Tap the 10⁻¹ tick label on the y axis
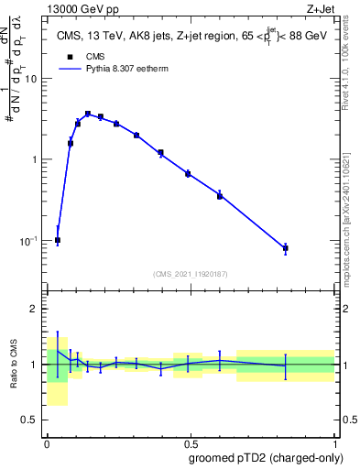(x=28, y=241)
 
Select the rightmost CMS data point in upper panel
(x=286, y=248)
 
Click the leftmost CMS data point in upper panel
(x=58, y=240)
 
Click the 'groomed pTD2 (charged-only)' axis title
(x=267, y=457)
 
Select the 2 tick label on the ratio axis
(x=35, y=309)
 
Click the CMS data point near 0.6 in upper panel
(x=220, y=195)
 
